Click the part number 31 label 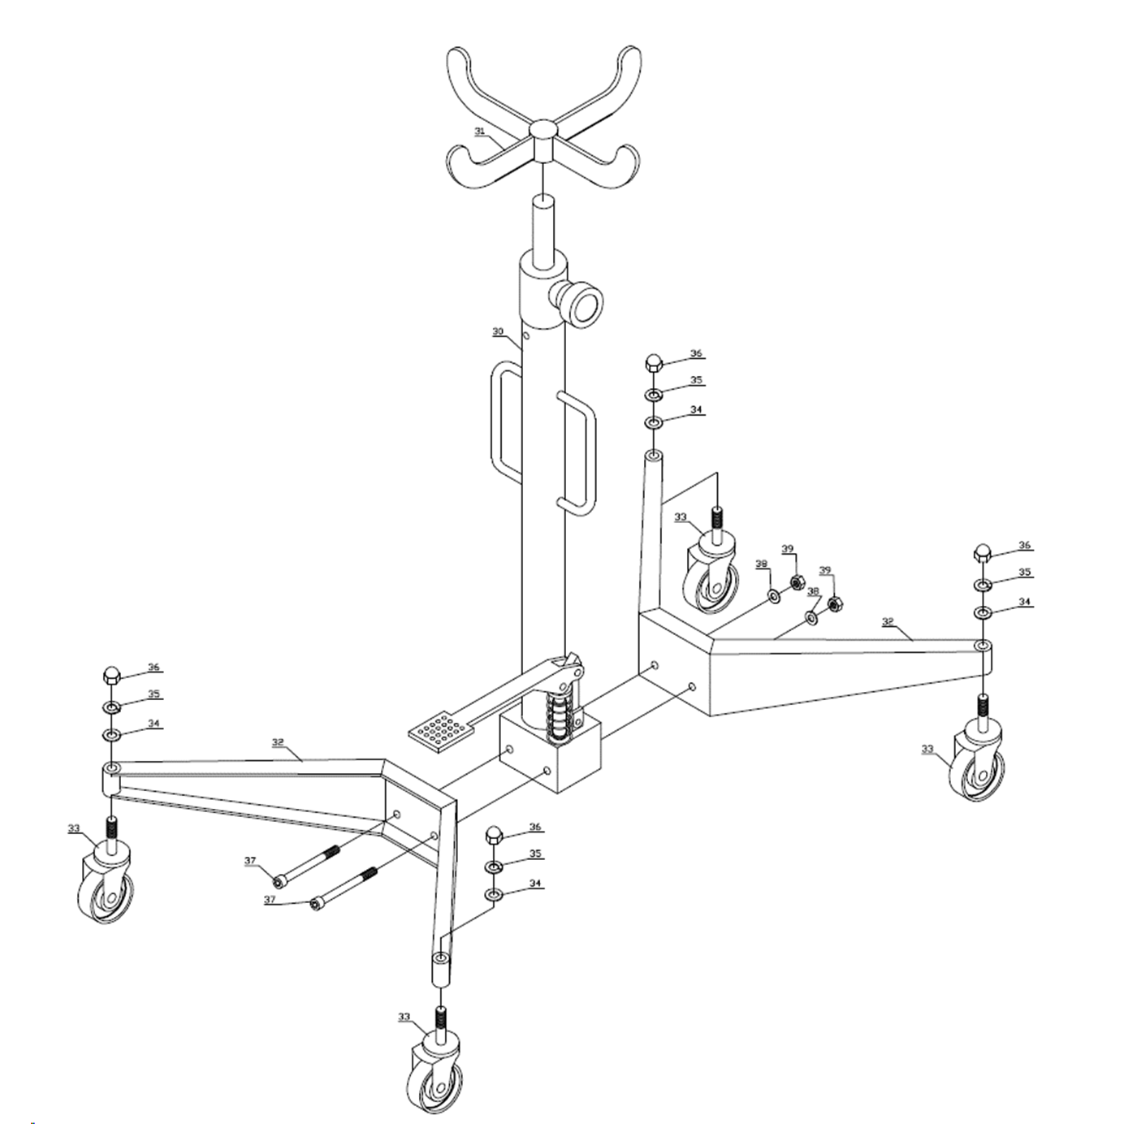[x=479, y=132]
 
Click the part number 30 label [x=498, y=332]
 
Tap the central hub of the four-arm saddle [x=543, y=140]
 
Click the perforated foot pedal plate [x=441, y=728]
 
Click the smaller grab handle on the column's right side [x=577, y=453]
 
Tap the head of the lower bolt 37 [x=317, y=904]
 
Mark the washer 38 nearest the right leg [x=811, y=616]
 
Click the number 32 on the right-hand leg [x=887, y=622]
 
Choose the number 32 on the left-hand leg [x=278, y=742]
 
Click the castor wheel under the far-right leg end [x=976, y=766]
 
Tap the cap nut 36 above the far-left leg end [x=110, y=676]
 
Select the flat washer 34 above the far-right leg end [x=983, y=612]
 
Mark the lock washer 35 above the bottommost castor [x=494, y=867]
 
